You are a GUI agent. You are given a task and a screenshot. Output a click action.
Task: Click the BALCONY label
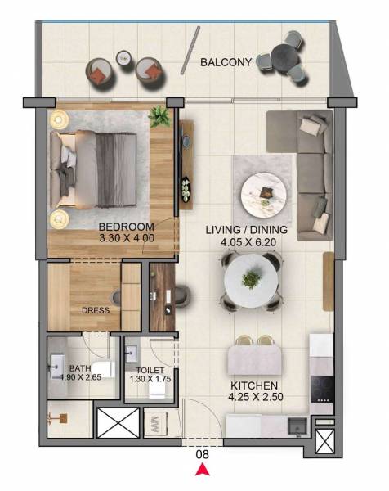(x=226, y=61)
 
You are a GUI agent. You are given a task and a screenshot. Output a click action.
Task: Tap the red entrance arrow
(x=201, y=469)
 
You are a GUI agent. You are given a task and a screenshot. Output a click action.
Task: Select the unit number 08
(x=201, y=453)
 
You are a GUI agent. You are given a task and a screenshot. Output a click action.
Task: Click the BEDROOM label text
(x=127, y=227)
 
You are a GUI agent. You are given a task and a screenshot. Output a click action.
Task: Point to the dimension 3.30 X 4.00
(x=127, y=238)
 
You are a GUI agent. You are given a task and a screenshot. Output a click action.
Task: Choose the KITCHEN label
(x=254, y=385)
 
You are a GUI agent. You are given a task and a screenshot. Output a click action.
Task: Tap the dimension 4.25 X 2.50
(x=254, y=397)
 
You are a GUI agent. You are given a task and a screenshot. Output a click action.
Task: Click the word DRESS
(x=95, y=311)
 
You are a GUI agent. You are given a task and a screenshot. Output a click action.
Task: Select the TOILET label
(x=150, y=370)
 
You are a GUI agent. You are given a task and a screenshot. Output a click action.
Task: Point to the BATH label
(x=80, y=368)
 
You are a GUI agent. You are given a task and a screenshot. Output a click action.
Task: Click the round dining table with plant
(x=252, y=280)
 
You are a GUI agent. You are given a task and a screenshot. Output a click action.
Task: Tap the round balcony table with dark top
(x=285, y=57)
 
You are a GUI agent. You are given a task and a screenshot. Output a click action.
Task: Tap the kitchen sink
(x=297, y=424)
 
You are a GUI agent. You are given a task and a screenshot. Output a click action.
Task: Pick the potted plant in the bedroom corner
(x=159, y=119)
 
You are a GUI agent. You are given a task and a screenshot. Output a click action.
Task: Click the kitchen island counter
(x=255, y=358)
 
